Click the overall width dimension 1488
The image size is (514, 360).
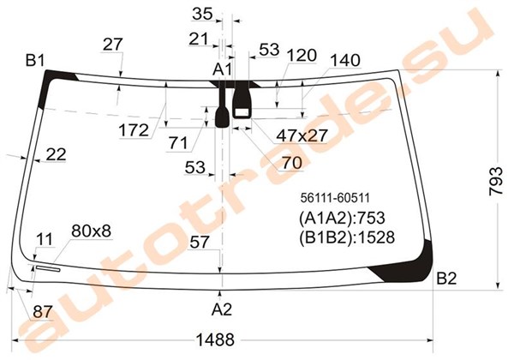[215, 339]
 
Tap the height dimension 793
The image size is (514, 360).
[496, 182]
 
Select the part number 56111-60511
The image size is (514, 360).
[335, 198]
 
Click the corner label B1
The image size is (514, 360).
[35, 61]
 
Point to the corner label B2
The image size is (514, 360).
[446, 279]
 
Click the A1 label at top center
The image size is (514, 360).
[222, 69]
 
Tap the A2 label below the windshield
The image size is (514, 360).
[222, 309]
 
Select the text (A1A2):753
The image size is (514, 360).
[342, 218]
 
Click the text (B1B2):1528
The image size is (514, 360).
[347, 237]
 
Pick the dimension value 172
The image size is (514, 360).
[134, 130]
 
